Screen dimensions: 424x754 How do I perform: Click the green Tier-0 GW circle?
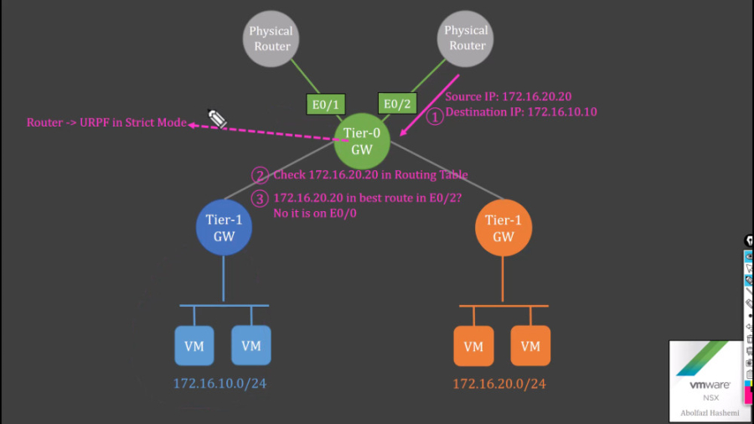pos(362,140)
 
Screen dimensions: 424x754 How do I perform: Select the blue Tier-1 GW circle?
pos(224,228)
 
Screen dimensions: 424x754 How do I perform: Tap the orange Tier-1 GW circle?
pos(503,228)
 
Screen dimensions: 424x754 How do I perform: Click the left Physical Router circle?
pos(271,39)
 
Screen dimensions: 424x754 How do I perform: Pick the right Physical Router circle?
pos(466,39)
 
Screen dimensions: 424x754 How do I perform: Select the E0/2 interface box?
pos(398,104)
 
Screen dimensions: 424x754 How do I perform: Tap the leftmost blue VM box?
pos(194,345)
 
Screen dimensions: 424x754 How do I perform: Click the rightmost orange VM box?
pos(530,345)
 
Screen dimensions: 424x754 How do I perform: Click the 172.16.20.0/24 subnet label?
pos(499,384)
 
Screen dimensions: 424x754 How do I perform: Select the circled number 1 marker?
pos(435,116)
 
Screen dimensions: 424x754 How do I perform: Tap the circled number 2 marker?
pos(261,175)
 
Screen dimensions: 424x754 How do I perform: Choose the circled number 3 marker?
pos(261,199)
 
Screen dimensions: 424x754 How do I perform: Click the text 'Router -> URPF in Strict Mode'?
pos(106,123)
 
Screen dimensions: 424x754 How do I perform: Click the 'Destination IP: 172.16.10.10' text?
pos(520,111)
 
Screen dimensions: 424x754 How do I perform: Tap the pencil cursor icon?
pos(218,118)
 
